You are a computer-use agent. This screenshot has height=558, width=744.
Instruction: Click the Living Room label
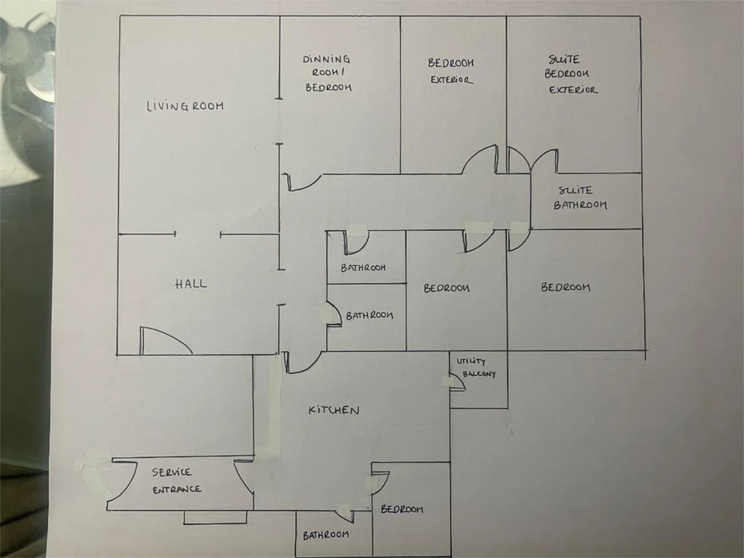click(185, 106)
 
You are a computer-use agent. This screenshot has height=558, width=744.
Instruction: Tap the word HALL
click(191, 284)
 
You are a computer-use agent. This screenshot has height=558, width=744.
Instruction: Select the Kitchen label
click(334, 410)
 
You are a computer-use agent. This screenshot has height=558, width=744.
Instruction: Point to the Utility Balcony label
click(476, 367)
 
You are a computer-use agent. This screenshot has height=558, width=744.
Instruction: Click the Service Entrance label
click(177, 481)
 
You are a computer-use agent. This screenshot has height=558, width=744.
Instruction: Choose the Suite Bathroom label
click(580, 198)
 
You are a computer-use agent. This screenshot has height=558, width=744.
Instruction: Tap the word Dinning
click(326, 59)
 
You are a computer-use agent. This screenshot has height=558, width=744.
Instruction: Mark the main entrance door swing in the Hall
click(166, 340)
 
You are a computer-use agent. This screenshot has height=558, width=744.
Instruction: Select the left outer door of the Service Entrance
click(122, 485)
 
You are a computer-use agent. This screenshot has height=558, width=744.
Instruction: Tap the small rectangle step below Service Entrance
click(215, 517)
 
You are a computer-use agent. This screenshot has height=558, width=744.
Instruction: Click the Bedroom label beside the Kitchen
click(402, 509)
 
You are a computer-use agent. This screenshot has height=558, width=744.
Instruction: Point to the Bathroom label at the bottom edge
click(326, 535)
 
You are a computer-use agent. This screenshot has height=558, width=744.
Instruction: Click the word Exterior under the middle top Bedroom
click(452, 80)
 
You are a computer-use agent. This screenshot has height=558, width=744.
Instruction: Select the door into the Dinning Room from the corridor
click(303, 182)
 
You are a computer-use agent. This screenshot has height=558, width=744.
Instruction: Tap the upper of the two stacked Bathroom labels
click(363, 268)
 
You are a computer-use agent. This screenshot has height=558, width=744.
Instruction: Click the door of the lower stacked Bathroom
click(334, 314)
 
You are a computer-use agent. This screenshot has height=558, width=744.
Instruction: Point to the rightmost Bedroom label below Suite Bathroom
click(565, 287)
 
